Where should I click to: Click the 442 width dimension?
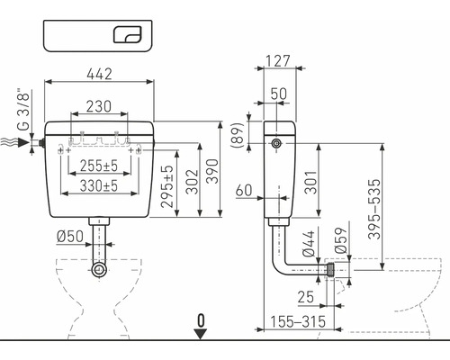tap(99, 74)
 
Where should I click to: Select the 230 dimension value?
tap(99, 106)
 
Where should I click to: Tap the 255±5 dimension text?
tap(99, 166)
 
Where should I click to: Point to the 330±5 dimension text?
tap(99, 186)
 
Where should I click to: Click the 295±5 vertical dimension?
tap(167, 186)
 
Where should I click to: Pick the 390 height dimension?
tap(213, 171)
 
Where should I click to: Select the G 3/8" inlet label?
tap(23, 110)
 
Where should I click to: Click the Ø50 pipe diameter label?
tap(70, 237)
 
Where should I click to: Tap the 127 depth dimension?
tap(278, 61)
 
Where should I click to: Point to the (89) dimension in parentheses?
tap(238, 135)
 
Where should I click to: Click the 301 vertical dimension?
tap(310, 183)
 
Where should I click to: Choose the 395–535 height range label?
tap(374, 209)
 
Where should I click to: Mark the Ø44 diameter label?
tap(309, 244)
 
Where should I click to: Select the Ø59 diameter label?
tap(341, 240)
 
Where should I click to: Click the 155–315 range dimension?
tap(298, 322)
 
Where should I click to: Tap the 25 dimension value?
tap(305, 297)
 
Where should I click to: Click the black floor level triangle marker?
tap(201, 334)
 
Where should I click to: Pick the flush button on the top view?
tap(128, 34)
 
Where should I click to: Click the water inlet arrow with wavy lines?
tap(14, 142)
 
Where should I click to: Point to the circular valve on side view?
tap(276, 144)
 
